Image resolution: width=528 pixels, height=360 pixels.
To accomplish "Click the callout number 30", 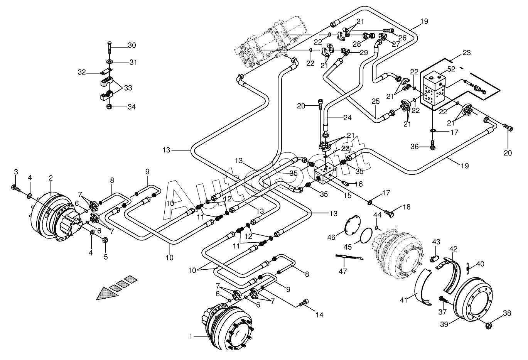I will [132, 46].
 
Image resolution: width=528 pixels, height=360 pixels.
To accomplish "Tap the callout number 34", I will [132, 106].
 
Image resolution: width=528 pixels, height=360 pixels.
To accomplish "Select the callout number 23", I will [467, 53].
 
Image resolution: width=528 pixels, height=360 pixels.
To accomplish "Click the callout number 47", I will [343, 272].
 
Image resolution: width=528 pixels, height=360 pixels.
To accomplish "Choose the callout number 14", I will [319, 314].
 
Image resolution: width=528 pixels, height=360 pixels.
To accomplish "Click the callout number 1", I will [191, 337].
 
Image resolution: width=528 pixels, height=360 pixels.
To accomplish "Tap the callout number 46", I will [331, 238].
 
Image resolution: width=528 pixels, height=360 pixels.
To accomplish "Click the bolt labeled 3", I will [15, 188].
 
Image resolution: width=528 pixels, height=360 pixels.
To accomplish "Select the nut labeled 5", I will [105, 240].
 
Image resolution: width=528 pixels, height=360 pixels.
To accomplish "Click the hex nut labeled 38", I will [488, 326].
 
